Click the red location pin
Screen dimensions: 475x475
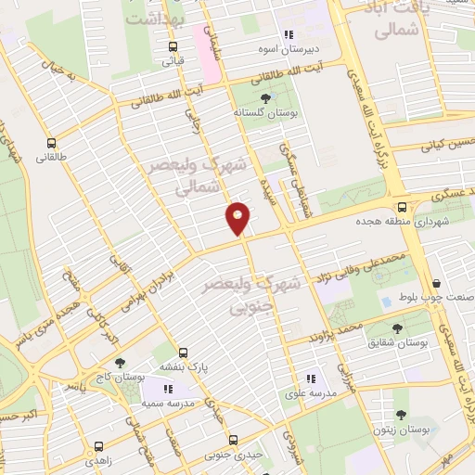pos(238,217)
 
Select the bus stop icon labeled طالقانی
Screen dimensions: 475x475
pos(50,144)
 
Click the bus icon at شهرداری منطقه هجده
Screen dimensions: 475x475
pos(402,208)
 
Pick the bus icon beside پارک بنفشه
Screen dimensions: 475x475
pos(183,353)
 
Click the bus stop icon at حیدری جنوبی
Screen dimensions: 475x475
pos(234,440)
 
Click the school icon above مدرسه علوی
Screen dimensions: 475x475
pos(311,378)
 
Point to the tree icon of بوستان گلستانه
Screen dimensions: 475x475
pos(265,96)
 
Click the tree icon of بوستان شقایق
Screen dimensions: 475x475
pos(397,327)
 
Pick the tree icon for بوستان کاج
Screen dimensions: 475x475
pos(119,364)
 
